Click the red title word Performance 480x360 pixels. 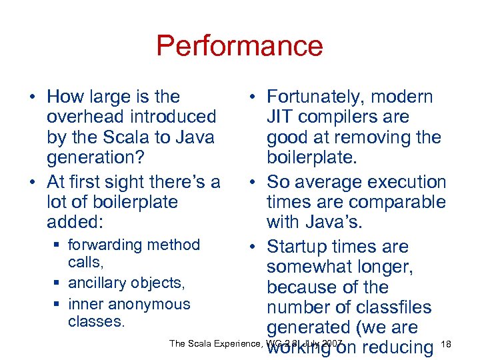(x=239, y=47)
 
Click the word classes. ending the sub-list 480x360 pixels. (x=97, y=322)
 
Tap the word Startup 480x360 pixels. (x=300, y=247)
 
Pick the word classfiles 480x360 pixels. (x=391, y=308)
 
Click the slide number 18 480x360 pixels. (x=447, y=344)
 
